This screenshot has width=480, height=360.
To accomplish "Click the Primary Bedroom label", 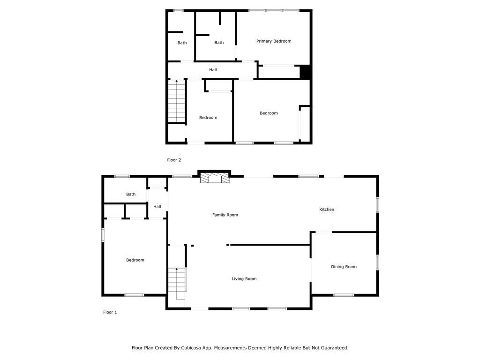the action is [x=274, y=41].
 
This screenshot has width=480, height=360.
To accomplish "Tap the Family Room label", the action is [x=225, y=215].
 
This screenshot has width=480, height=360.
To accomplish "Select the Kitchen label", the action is [x=327, y=210].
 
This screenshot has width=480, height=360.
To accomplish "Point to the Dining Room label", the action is [x=344, y=267].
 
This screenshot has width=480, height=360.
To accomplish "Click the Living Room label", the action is [x=244, y=278].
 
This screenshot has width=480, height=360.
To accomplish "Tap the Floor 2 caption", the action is [x=174, y=160].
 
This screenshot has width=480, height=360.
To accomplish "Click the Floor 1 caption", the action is [x=110, y=312].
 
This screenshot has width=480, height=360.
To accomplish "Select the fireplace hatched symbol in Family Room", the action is [x=215, y=178].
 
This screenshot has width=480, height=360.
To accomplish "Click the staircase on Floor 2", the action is [x=177, y=101].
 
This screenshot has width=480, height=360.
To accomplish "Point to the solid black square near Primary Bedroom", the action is [x=305, y=72].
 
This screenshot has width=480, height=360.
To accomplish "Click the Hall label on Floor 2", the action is [x=213, y=70].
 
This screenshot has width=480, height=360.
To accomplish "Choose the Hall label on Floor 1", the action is [x=157, y=207].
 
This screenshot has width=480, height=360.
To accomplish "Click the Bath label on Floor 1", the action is [x=131, y=194].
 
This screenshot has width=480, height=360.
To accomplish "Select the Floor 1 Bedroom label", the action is [x=135, y=260].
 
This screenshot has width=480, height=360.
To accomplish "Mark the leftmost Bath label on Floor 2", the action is [x=182, y=43].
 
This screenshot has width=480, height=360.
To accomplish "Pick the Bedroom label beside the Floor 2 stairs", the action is [x=208, y=118].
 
